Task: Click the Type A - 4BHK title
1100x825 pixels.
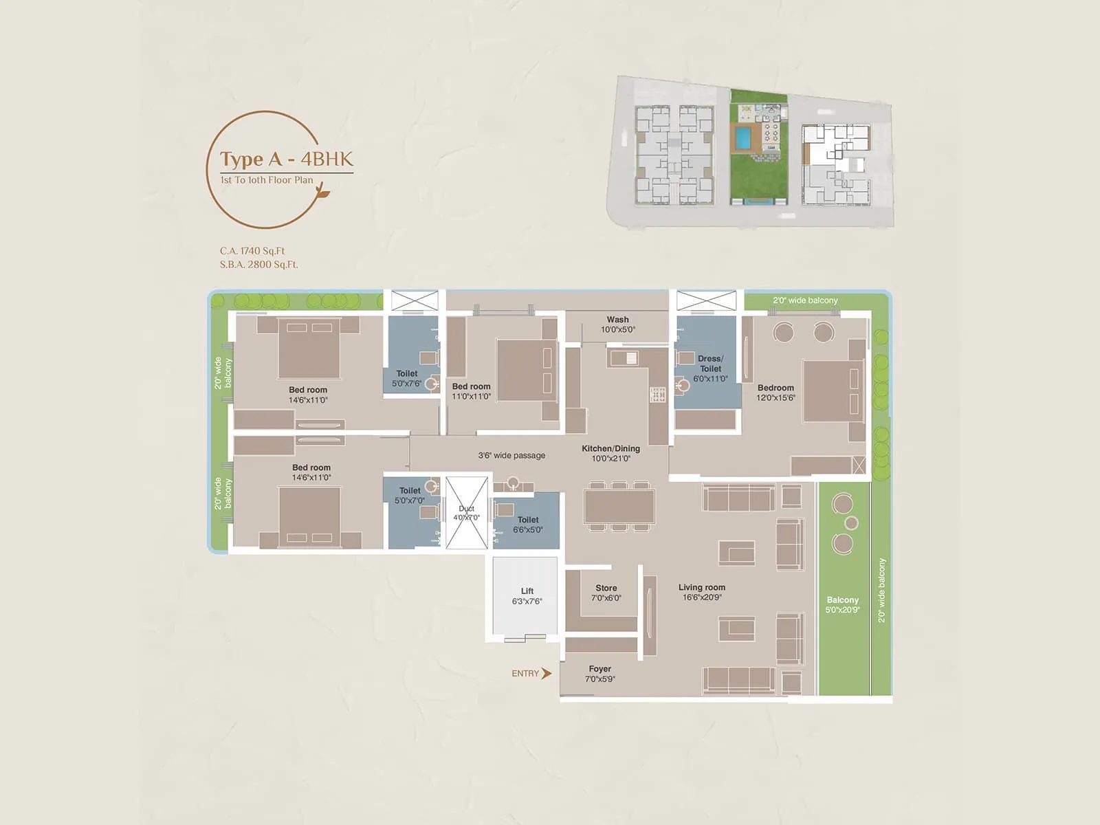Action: click(286, 159)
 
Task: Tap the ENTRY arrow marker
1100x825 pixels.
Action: click(547, 674)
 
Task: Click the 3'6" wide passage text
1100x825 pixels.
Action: click(511, 456)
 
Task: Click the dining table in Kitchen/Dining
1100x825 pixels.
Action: click(619, 507)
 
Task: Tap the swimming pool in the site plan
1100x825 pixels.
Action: click(742, 137)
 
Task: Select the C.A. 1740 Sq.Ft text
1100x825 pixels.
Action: click(252, 251)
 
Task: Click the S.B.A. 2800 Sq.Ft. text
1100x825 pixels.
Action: click(259, 265)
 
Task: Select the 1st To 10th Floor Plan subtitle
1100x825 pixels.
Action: click(267, 180)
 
